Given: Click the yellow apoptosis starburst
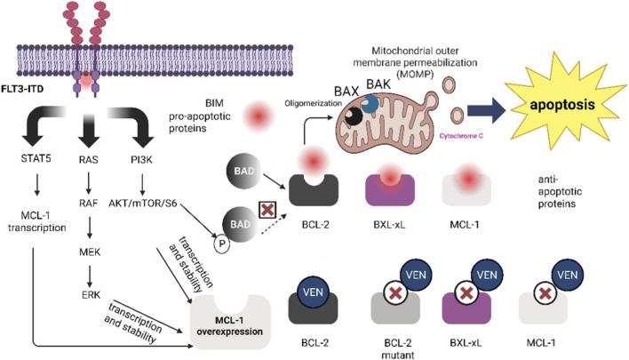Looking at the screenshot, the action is (x=562, y=103).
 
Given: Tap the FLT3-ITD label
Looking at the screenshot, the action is (x=22, y=89).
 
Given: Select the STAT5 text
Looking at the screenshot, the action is (x=36, y=158).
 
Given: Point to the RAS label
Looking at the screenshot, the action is (x=89, y=160).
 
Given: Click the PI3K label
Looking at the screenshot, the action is (x=141, y=160).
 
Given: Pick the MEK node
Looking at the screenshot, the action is (x=90, y=252).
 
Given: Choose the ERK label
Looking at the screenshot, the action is (x=91, y=295).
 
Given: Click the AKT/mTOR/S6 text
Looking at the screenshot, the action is (x=143, y=203).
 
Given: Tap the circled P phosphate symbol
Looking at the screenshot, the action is (x=221, y=244).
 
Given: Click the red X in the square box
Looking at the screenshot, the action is (x=268, y=210).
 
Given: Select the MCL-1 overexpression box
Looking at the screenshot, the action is (x=230, y=323).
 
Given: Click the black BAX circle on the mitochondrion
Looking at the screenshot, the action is (x=354, y=116).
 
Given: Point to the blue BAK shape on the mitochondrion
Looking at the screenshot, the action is (x=370, y=104).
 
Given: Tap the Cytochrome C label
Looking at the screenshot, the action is (x=461, y=136).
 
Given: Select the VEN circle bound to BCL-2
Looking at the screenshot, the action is (x=313, y=292).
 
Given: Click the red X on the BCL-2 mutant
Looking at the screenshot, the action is (x=396, y=293).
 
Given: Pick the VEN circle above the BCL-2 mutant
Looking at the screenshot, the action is (x=416, y=276).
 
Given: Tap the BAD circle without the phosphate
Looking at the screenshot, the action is (x=244, y=171).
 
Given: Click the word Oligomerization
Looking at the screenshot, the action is (x=314, y=103).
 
